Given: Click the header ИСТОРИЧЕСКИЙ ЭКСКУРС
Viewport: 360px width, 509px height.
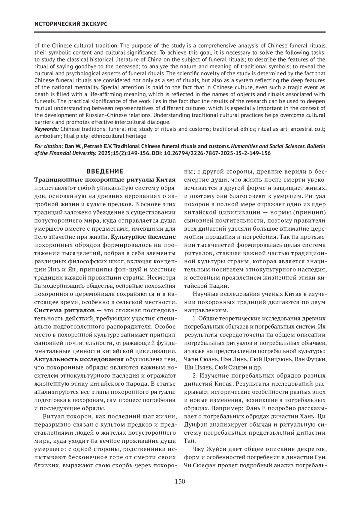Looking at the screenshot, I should [71, 24].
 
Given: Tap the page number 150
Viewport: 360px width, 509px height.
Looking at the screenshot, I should [180, 481].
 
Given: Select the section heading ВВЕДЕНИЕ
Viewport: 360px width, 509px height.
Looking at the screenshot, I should [105, 172].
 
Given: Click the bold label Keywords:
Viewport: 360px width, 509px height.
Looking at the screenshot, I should [46, 129].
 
